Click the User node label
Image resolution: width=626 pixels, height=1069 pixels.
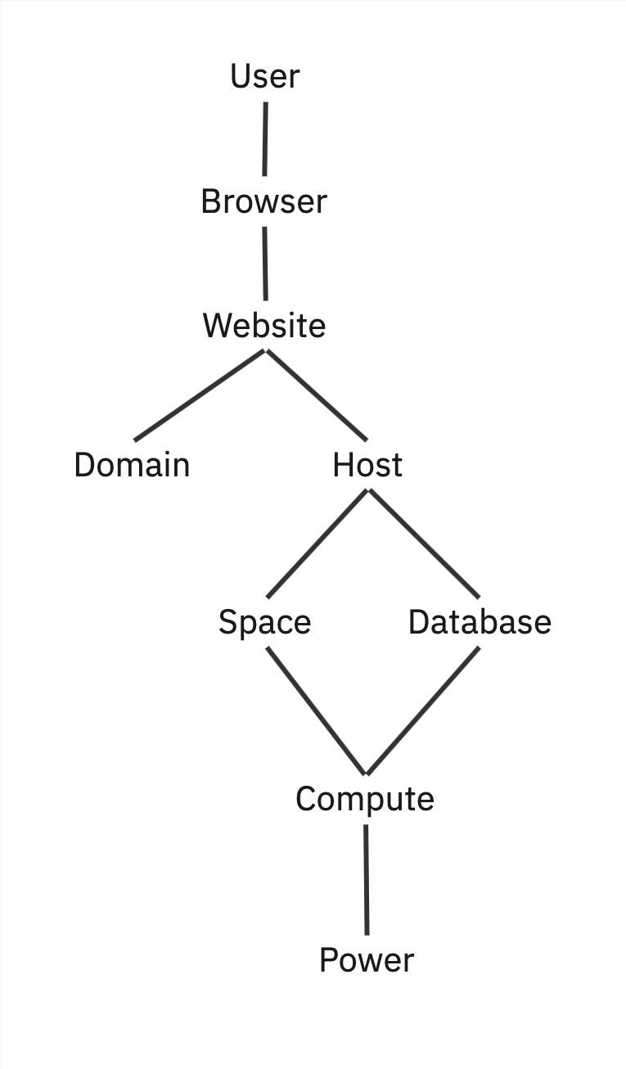pyautogui.click(x=264, y=76)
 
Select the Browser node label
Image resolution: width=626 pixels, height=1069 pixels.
pyautogui.click(x=263, y=201)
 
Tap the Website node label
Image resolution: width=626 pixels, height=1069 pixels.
pyautogui.click(x=264, y=326)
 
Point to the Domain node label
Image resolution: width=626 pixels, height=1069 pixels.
pyautogui.click(x=132, y=465)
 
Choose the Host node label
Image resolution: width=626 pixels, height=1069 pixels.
pyautogui.click(x=367, y=465)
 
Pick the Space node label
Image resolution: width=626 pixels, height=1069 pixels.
pyautogui.click(x=264, y=622)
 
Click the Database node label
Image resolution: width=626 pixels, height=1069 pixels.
pyautogui.click(x=480, y=622)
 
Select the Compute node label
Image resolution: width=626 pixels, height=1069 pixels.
pyautogui.click(x=365, y=799)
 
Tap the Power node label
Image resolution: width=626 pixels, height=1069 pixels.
pyautogui.click(x=367, y=959)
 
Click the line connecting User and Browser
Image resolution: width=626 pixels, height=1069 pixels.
pyautogui.click(x=264, y=139)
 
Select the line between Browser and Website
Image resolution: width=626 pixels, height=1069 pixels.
pyautogui.click(x=264, y=264)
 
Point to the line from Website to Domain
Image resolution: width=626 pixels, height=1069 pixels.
pyautogui.click(x=200, y=395)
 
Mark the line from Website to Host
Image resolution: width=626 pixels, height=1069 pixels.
pyautogui.click(x=317, y=395)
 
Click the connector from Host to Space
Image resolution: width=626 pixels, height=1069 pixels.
pyautogui.click(x=318, y=544)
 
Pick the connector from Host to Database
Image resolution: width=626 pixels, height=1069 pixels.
pyautogui.click(x=424, y=544)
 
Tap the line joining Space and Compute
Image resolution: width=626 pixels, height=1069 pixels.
pyautogui.click(x=316, y=710)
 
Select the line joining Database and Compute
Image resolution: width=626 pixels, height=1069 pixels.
pyautogui.click(x=422, y=710)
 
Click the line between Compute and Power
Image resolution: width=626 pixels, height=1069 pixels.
pyautogui.click(x=366, y=879)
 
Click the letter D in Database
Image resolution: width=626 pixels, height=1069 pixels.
pyautogui.click(x=417, y=622)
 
